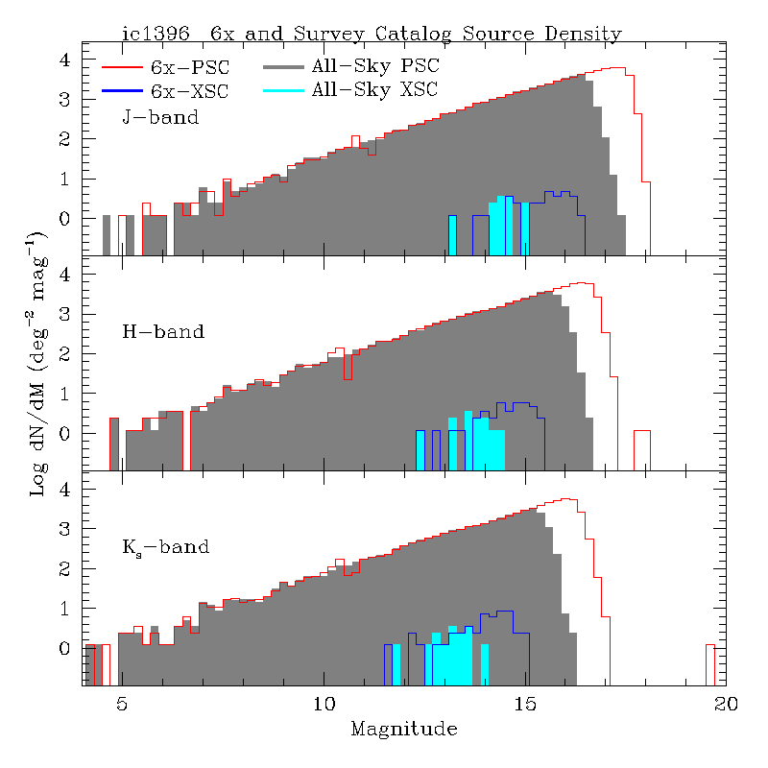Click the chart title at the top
372,34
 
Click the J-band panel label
160,118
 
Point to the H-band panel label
163,332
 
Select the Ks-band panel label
165,548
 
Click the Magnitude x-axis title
403,729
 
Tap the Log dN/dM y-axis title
38,362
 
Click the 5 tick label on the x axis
121,703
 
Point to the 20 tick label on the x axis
726,703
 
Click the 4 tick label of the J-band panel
64,60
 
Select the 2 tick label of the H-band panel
64,354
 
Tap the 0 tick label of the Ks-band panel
64,649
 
